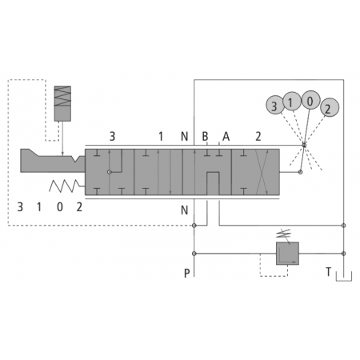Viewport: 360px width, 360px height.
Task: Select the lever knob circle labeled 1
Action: click(x=292, y=102)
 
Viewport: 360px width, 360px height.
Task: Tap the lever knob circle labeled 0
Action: click(x=310, y=100)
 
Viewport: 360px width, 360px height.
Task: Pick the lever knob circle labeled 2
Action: click(x=330, y=107)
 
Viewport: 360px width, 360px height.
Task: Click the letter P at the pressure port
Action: click(x=187, y=273)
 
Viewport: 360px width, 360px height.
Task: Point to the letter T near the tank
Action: click(x=329, y=272)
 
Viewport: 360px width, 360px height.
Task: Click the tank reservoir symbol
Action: click(x=344, y=276)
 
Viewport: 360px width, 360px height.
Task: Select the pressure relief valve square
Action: click(x=287, y=254)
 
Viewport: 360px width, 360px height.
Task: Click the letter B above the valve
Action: click(x=205, y=137)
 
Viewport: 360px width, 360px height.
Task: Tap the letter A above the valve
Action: click(x=226, y=137)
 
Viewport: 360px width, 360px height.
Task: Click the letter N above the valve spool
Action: click(x=184, y=137)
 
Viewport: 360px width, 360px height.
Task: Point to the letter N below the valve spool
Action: click(x=184, y=210)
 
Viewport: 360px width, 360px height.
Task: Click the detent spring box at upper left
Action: click(x=62, y=103)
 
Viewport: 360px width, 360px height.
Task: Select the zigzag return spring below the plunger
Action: click(x=65, y=186)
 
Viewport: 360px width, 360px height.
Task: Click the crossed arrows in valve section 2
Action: click(x=262, y=172)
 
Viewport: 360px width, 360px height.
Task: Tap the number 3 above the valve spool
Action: click(x=112, y=137)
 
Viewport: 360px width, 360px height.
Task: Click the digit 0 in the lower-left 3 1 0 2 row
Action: click(x=60, y=207)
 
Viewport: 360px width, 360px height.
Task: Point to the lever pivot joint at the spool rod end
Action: click(x=300, y=172)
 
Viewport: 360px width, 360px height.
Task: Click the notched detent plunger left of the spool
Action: click(x=53, y=161)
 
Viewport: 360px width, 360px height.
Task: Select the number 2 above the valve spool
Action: click(x=258, y=137)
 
